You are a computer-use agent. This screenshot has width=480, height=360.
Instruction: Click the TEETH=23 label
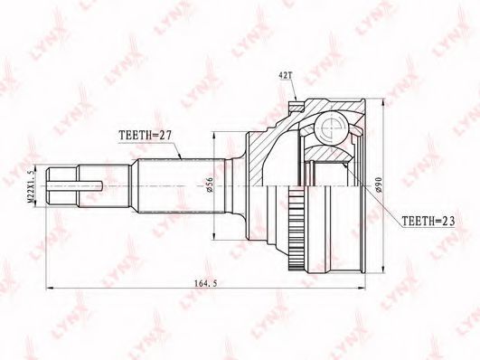(x=428, y=221)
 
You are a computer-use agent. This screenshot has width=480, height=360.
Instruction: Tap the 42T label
(x=285, y=76)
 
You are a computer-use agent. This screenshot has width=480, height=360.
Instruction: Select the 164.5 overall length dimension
(x=205, y=283)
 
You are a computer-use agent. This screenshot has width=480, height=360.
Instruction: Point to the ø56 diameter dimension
(x=210, y=186)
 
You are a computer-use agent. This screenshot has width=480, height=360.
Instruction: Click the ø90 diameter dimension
(x=379, y=185)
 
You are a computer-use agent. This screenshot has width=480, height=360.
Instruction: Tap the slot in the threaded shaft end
(x=75, y=185)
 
